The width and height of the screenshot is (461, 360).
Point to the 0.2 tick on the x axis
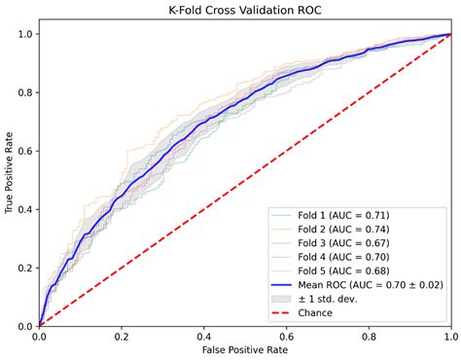[x=121, y=336]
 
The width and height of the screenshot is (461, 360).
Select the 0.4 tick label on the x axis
[x=203, y=336]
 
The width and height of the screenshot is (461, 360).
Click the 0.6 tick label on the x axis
[x=285, y=336]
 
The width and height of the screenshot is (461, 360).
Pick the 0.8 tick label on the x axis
[x=368, y=336]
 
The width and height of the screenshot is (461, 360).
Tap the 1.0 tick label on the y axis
[x=21, y=34]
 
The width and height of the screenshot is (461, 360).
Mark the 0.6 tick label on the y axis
[x=21, y=151]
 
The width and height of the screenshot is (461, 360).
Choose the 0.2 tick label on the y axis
[x=21, y=268]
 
